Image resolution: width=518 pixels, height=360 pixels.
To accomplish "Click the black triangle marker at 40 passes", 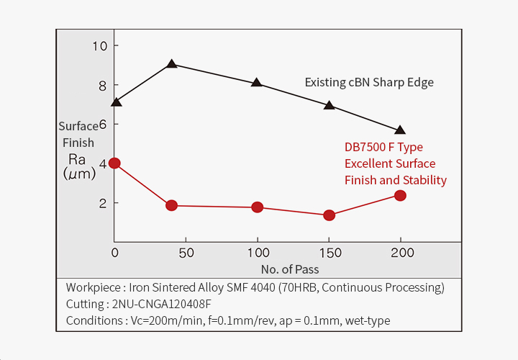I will [x=172, y=64].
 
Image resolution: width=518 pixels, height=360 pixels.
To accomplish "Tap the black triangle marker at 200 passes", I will [x=400, y=130].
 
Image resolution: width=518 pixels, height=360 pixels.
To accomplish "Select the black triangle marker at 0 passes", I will [x=117, y=102].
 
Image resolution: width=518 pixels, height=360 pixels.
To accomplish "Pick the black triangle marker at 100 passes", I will [x=257, y=82].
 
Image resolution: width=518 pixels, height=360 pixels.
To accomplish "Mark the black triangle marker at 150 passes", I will [x=330, y=105].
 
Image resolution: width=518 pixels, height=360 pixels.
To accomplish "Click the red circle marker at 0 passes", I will [x=114, y=163].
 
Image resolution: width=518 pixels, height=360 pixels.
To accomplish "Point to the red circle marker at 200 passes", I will [x=400, y=196].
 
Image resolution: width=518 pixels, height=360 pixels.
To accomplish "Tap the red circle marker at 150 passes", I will [x=330, y=215].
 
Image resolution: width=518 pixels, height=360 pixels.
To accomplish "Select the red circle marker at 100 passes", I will [x=257, y=207].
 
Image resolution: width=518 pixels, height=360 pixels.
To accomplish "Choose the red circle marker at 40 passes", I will [x=172, y=205].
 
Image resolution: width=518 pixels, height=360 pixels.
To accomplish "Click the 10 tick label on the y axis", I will [x=99, y=46].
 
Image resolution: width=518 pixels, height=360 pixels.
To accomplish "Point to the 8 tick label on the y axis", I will [x=102, y=85].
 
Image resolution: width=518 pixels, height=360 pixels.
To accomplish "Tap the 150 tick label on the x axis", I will [x=330, y=253].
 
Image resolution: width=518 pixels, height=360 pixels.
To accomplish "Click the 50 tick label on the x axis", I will [x=186, y=253].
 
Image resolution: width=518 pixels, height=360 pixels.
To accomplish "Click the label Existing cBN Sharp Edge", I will [x=369, y=82].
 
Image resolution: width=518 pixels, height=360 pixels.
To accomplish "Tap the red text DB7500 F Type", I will [x=383, y=148].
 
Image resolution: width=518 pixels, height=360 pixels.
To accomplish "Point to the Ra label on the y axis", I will [x=77, y=158].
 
